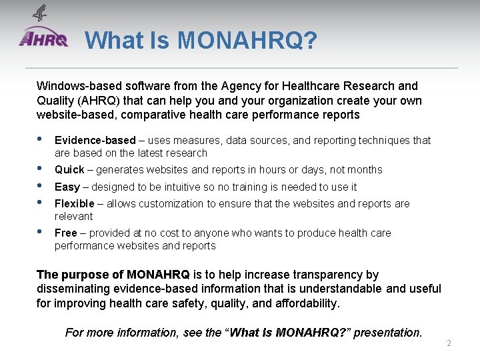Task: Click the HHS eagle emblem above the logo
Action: pyautogui.click(x=41, y=13)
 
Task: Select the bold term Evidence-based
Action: pyautogui.click(x=95, y=141)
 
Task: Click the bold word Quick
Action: pyautogui.click(x=69, y=170)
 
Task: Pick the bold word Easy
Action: pyautogui.click(x=67, y=187)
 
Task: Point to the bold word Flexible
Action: pyautogui.click(x=74, y=204)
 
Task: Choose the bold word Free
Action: pyautogui.click(x=66, y=233)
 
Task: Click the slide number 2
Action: pyautogui.click(x=449, y=343)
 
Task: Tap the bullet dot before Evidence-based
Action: pyautogui.click(x=40, y=139)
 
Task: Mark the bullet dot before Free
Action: pyautogui.click(x=40, y=232)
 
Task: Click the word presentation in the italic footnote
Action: pyautogui.click(x=387, y=332)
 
